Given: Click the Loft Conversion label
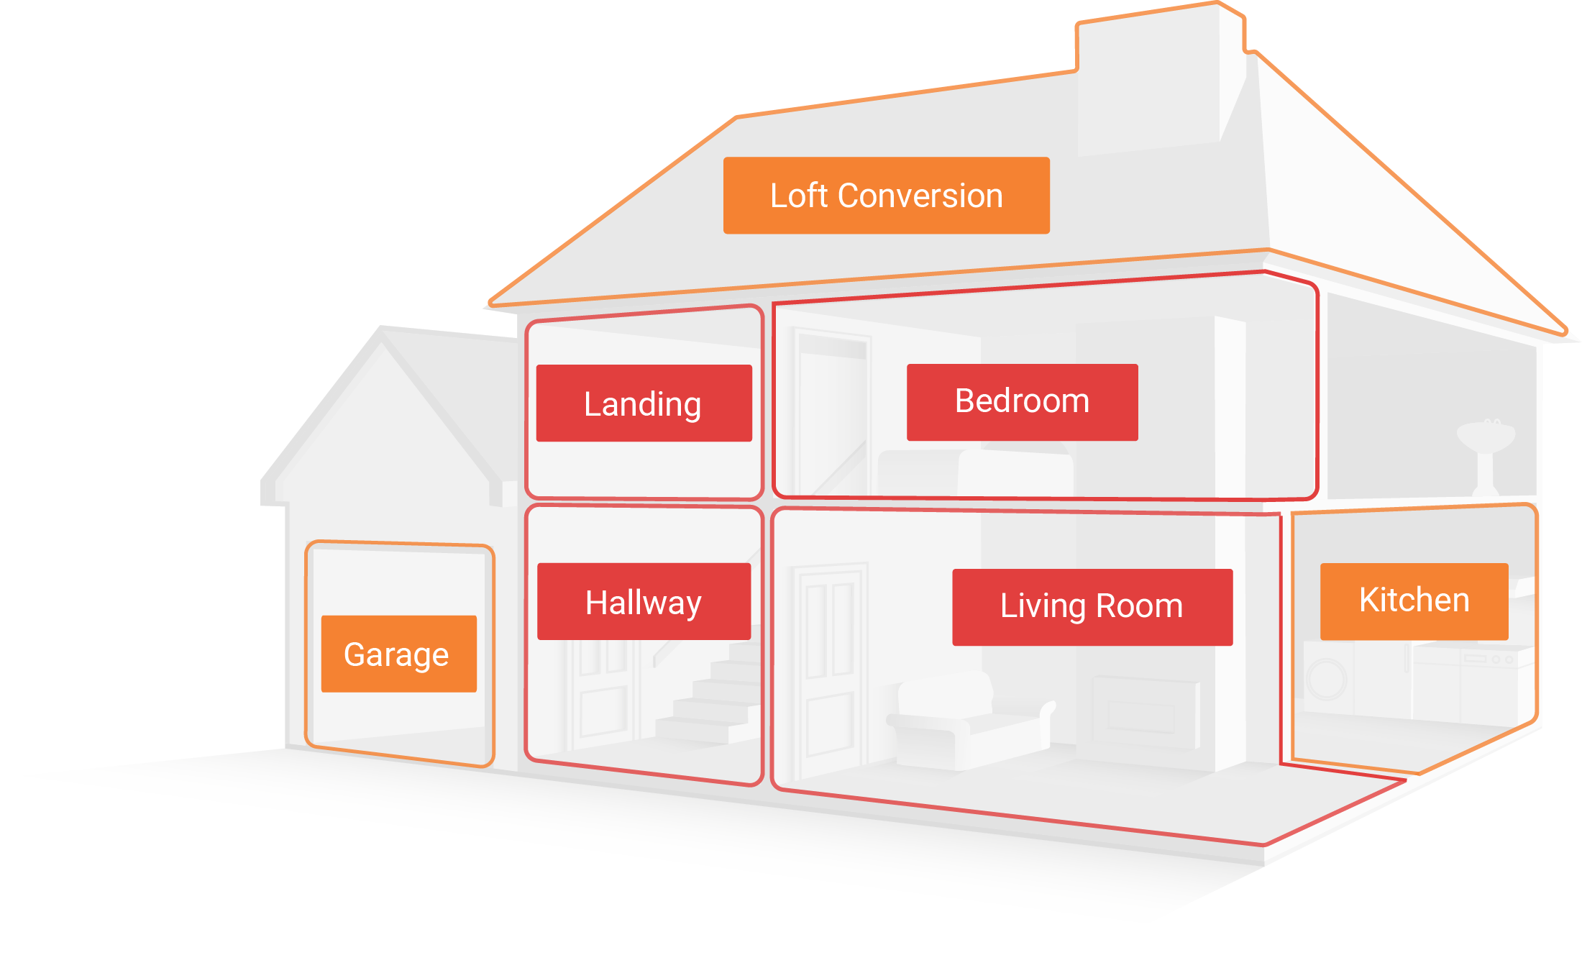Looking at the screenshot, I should (x=886, y=196).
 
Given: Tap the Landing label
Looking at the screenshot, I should (x=644, y=403).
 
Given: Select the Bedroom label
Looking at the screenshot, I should (x=1022, y=402).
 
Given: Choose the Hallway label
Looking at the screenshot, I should (x=644, y=602).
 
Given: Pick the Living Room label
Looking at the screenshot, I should (x=1092, y=607).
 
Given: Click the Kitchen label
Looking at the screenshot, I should (x=1414, y=601).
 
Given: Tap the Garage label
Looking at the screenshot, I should (x=398, y=654).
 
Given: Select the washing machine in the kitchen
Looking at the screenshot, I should (x=1327, y=680).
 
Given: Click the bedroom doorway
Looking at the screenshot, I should (x=831, y=410).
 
